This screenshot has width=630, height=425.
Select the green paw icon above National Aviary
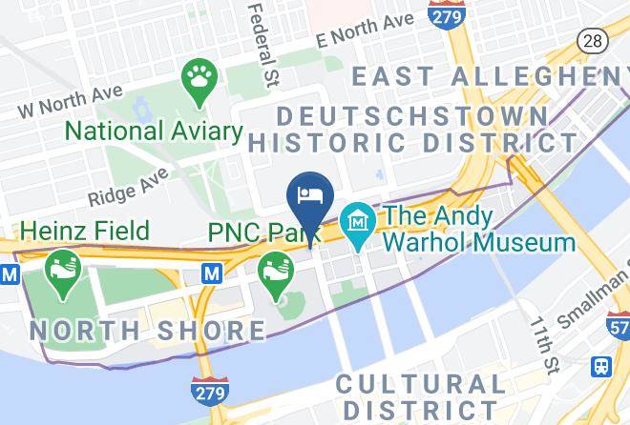point(199,76)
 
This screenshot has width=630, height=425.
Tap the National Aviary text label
point(154,130)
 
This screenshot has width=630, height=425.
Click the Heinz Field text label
point(84,231)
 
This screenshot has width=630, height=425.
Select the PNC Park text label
point(262,232)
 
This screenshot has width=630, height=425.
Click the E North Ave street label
point(367,30)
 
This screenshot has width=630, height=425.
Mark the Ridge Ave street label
point(127,187)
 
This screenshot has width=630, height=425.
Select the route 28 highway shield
point(592,41)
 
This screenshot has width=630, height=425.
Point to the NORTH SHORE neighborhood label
point(148,331)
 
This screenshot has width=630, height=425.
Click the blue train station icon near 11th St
point(602,365)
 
